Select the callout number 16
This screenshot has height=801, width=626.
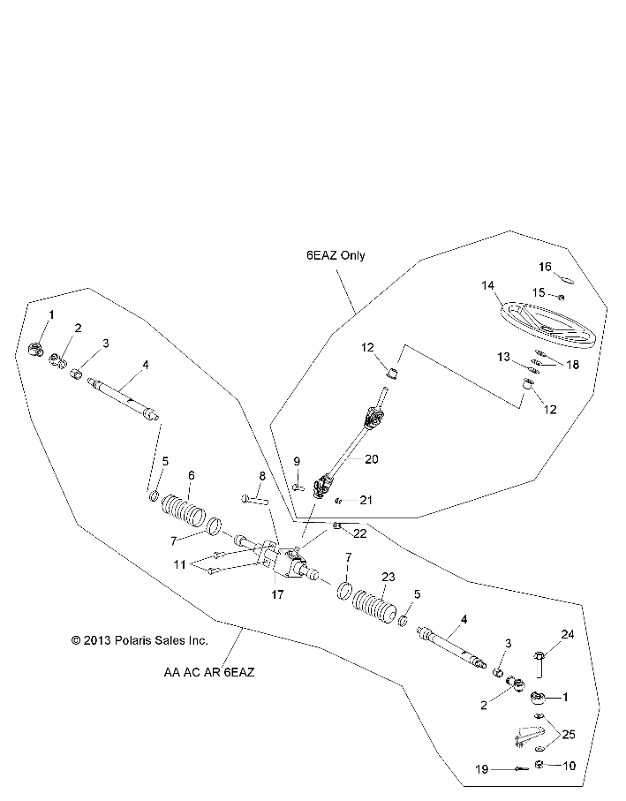(546, 266)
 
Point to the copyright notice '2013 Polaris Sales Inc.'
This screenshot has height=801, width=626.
(127, 639)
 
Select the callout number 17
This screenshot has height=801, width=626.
(276, 594)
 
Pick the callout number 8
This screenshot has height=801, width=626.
(261, 476)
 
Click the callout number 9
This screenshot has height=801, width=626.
(297, 461)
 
